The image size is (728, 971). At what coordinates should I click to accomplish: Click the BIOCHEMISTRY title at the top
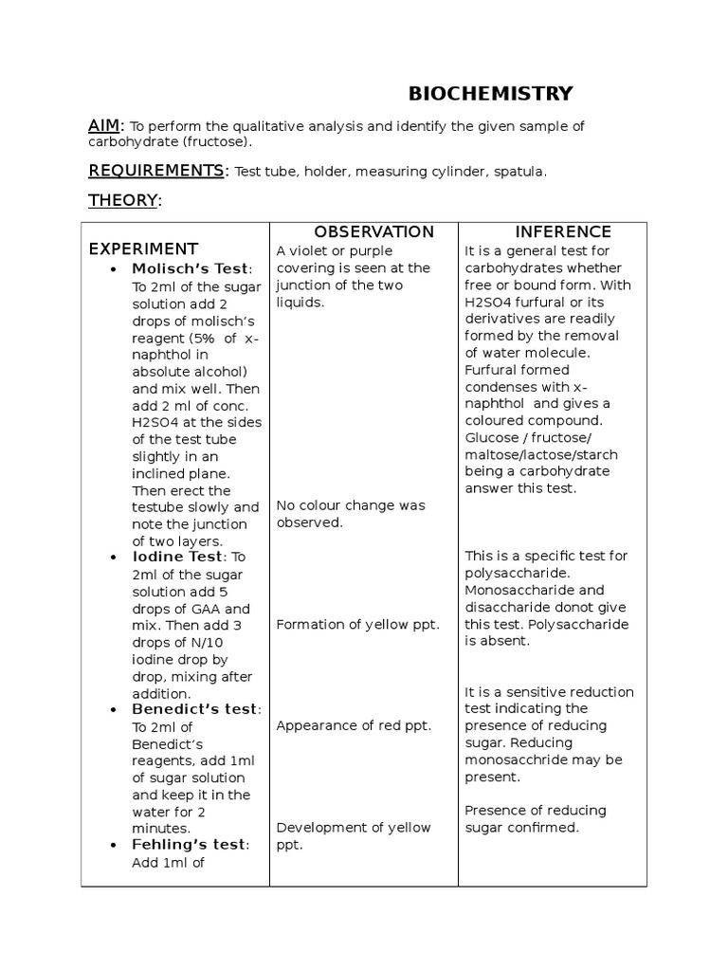pos(490,93)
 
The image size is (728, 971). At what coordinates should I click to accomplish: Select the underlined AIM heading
pos(104,126)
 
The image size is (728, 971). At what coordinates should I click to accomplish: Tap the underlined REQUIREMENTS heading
pos(156,171)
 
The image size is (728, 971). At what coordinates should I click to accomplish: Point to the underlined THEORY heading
pos(123,200)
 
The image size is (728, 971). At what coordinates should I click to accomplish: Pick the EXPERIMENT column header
pos(143,249)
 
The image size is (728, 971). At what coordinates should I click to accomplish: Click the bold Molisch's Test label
pos(191,269)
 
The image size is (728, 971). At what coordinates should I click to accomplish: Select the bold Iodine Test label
pos(177,557)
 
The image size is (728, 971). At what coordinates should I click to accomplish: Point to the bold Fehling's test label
pos(190,845)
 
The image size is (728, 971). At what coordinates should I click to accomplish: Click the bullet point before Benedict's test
pos(114,710)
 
